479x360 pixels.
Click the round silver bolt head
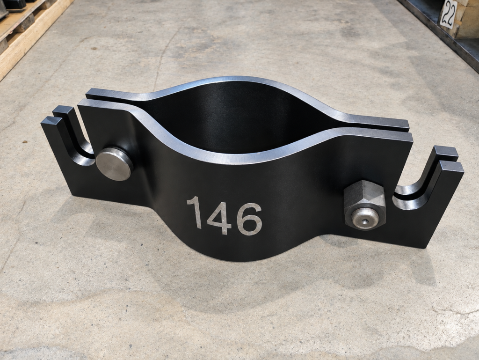[x=115, y=163]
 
